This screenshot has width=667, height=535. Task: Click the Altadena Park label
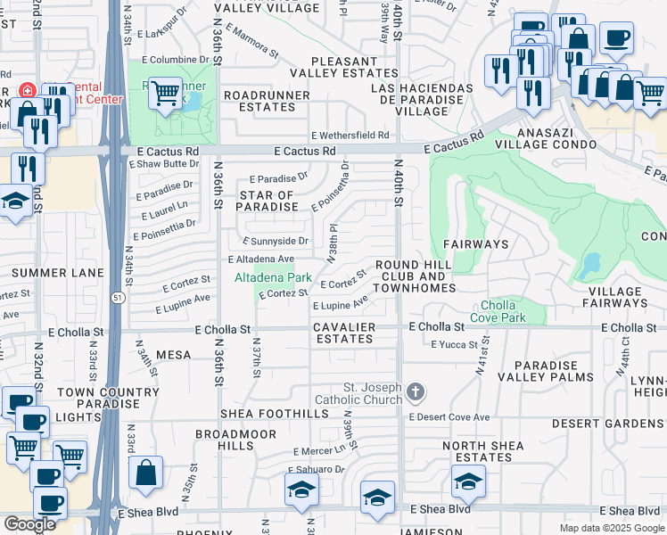click(273, 277)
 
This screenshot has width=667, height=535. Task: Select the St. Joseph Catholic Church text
click(362, 393)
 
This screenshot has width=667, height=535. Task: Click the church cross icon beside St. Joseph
click(416, 391)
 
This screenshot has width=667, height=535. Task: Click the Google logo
click(29, 523)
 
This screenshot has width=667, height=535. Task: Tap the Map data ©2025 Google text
click(611, 528)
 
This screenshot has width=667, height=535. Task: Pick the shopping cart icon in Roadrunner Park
click(165, 92)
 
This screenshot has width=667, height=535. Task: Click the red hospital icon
click(28, 91)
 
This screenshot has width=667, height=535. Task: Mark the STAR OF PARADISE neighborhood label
click(266, 201)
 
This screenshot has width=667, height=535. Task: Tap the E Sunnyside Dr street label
click(276, 241)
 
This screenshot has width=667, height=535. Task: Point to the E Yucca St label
click(457, 344)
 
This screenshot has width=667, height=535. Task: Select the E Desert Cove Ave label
click(449, 416)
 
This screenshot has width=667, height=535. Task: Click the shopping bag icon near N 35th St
click(146, 473)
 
